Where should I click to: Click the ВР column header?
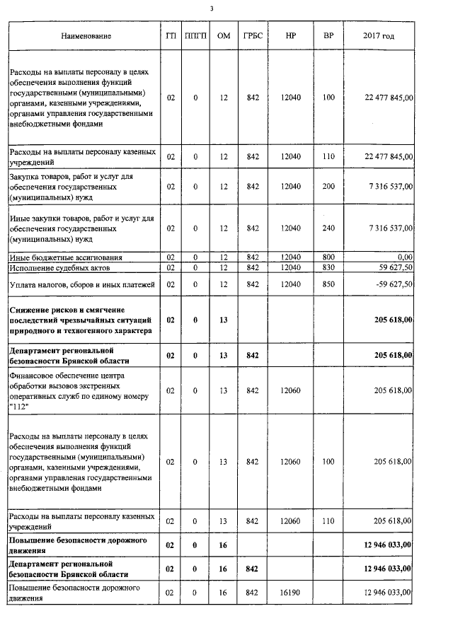click(328, 35)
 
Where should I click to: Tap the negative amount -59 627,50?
click(391, 284)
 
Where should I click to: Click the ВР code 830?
click(328, 267)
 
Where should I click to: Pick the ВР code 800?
click(328, 257)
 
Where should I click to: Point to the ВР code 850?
click(328, 284)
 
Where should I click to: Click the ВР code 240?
click(328, 228)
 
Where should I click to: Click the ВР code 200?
click(328, 186)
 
